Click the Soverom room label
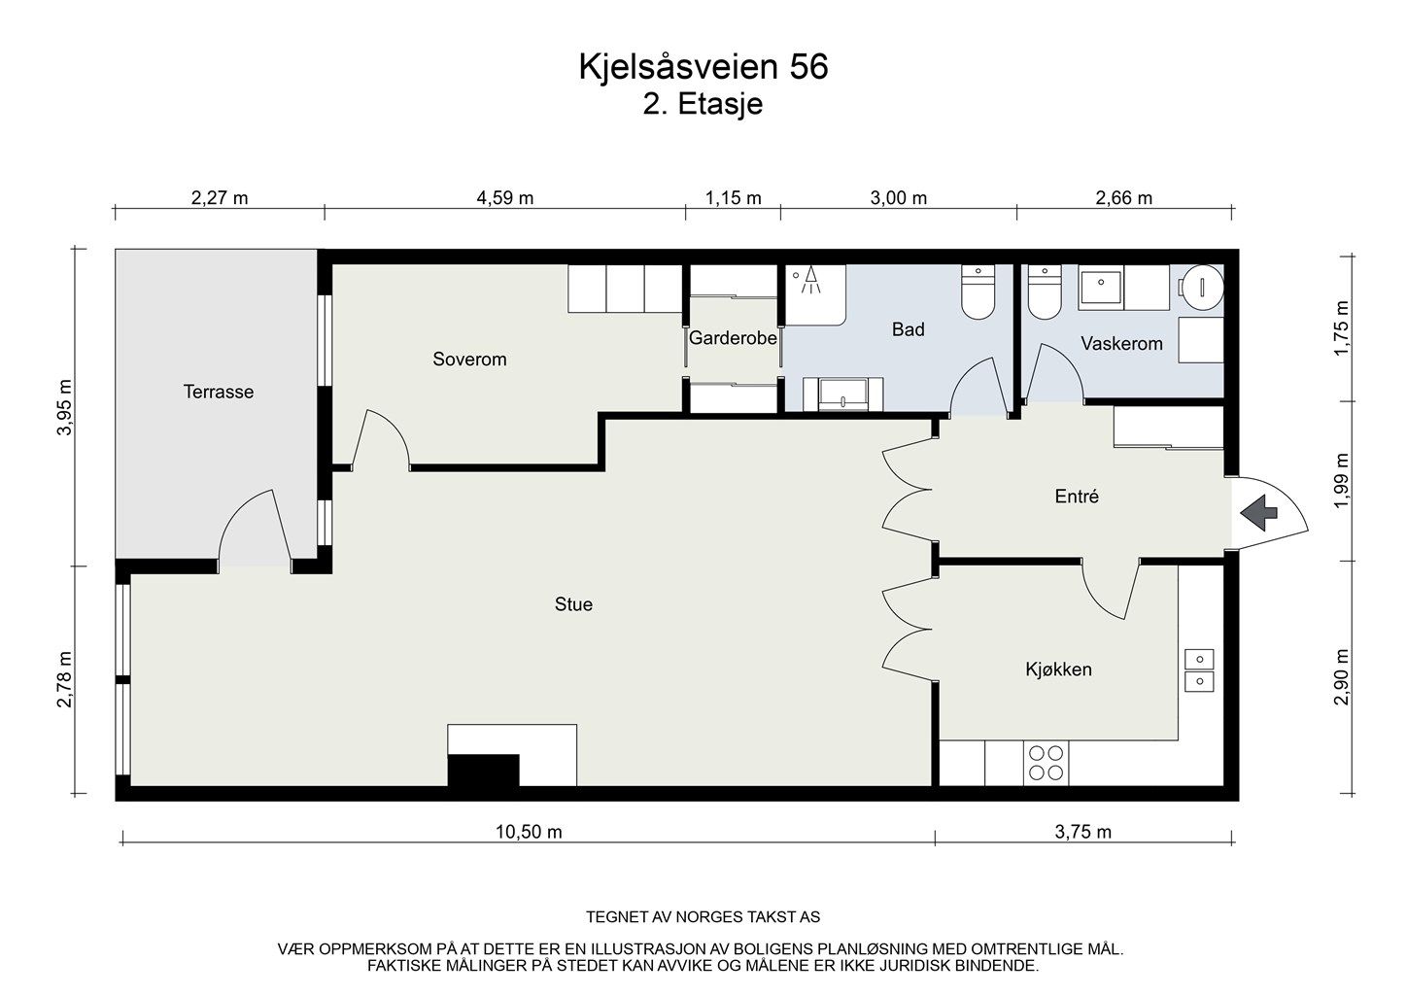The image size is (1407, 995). point(469,360)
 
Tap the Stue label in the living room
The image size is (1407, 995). point(573,604)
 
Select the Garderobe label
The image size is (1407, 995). point(733,338)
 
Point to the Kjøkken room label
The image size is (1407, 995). point(1058,669)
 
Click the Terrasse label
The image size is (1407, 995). point(219,392)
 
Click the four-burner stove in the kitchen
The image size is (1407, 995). point(1046,763)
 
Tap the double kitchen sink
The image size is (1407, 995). point(1199,670)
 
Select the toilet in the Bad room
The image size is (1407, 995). point(978,292)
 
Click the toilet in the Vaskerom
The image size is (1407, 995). point(1045,292)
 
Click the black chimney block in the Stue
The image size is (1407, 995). point(483,770)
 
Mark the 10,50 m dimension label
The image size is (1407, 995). point(529,832)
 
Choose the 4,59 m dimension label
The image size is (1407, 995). point(505,198)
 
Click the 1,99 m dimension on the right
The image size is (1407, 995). point(1341,481)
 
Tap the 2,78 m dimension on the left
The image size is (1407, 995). point(65,679)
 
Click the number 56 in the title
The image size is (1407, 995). point(808,67)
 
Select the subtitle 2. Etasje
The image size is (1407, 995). point(703,104)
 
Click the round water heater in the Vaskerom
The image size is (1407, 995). point(1202,287)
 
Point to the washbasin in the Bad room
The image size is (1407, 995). point(843,395)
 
